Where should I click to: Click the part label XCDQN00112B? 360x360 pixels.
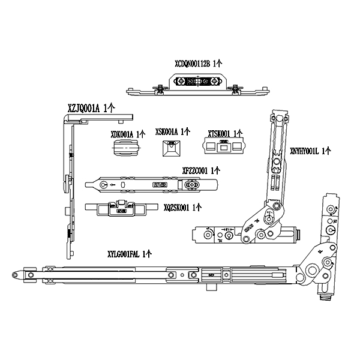(x=199, y=62)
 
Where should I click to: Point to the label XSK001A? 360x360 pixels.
(x=172, y=131)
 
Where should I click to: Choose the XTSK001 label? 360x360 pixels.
(x=225, y=133)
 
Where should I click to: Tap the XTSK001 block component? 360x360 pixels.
(x=224, y=146)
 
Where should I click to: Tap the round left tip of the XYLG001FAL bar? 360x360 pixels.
(x=15, y=274)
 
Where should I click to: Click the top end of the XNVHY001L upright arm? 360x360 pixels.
(x=278, y=116)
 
